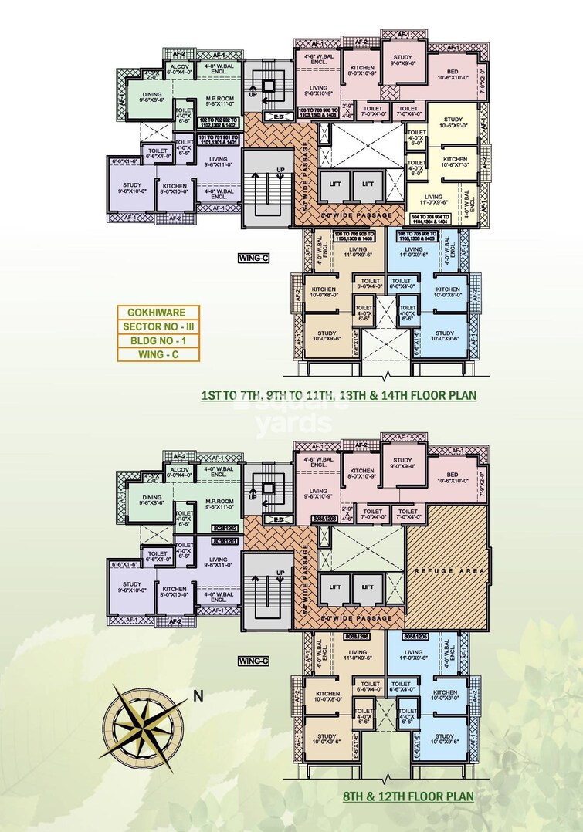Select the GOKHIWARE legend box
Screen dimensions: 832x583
pyautogui.click(x=158, y=313)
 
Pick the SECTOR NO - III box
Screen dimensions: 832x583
pyautogui.click(x=158, y=326)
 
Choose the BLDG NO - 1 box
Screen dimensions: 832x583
pyautogui.click(x=158, y=340)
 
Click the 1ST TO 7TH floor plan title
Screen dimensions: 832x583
pyautogui.click(x=338, y=395)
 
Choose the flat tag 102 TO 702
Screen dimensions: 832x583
pyautogui.click(x=219, y=123)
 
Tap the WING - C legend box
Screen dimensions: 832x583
pyautogui.click(x=158, y=355)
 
